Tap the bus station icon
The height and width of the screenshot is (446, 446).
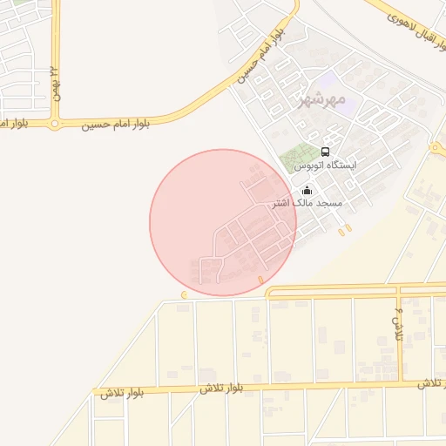(x=325, y=151)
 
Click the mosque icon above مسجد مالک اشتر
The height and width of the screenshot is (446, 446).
(x=306, y=191)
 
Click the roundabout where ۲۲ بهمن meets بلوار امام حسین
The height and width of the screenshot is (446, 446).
(x=56, y=124)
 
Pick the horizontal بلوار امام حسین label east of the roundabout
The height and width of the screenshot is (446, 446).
(x=116, y=125)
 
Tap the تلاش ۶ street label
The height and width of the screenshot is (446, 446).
(x=397, y=324)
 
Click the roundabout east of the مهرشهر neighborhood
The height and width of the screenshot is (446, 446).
(x=435, y=149)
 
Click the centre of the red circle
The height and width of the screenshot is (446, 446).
(x=223, y=222)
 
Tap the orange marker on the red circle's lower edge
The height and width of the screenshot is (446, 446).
(x=260, y=280)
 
